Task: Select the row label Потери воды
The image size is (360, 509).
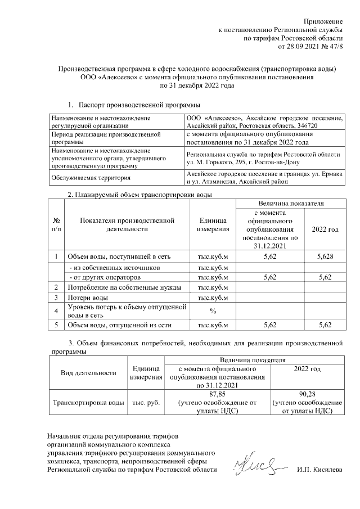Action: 88,297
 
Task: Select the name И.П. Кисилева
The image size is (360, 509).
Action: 319,469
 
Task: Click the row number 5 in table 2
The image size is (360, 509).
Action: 57,325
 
